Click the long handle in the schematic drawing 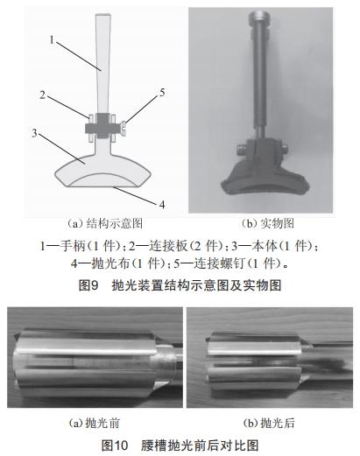coord(103,61)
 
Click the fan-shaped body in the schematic coord(83,162)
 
